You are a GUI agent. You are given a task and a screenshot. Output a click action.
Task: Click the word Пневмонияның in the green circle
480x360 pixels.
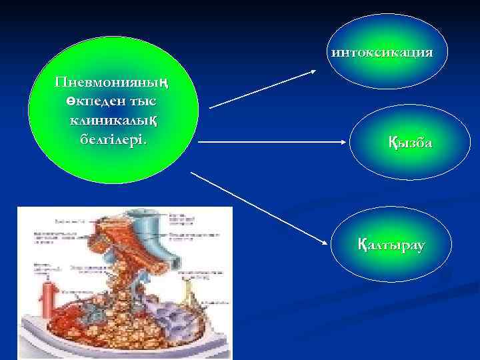tap(111, 83)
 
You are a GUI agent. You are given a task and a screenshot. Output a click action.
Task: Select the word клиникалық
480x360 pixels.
tap(112, 121)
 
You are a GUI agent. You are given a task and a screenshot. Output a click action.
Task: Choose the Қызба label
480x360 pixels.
tap(410, 142)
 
